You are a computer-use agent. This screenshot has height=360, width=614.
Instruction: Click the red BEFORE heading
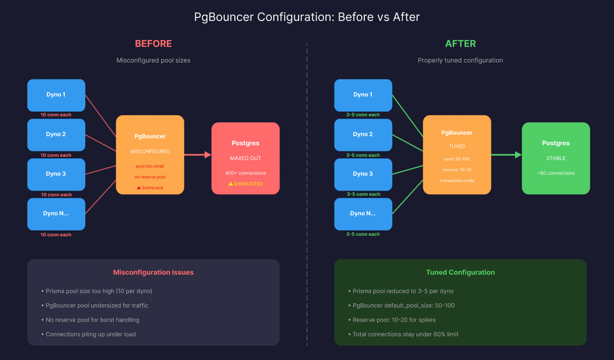pos(154,44)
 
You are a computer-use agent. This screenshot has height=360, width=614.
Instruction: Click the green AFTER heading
pos(460,44)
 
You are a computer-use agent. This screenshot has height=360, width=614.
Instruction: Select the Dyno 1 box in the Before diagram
pos(56,95)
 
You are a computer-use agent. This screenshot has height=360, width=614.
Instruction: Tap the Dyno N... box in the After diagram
pos(363,214)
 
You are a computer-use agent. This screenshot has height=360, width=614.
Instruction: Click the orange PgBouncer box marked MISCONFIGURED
pos(150,155)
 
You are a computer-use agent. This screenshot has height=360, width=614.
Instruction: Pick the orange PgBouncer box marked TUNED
pos(457,155)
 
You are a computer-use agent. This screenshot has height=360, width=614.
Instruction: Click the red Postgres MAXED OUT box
pos(245,158)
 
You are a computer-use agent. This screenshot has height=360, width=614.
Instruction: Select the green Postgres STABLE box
pos(556,158)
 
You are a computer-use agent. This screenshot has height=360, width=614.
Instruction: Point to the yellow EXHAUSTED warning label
pos(245,184)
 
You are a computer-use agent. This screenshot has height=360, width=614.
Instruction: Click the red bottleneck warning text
pos(150,188)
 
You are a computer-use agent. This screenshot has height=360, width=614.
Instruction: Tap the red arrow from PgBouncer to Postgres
pos(198,155)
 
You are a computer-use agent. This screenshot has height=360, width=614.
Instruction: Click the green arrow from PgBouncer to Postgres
pos(507,155)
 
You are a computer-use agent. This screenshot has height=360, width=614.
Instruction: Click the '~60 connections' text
pos(556,173)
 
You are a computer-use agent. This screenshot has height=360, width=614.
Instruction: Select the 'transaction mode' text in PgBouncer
pos(457,181)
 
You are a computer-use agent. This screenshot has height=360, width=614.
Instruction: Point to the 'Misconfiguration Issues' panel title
pos(154,272)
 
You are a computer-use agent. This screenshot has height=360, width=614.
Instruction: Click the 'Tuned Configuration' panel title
pos(460,272)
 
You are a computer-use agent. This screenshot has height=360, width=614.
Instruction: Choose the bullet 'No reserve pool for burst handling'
pos(91,319)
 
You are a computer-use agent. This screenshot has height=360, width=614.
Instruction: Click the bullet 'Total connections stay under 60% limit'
pos(403,334)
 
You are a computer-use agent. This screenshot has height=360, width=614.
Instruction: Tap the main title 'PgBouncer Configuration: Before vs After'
pos(307,17)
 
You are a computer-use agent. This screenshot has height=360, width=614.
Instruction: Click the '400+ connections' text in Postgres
pos(245,173)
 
